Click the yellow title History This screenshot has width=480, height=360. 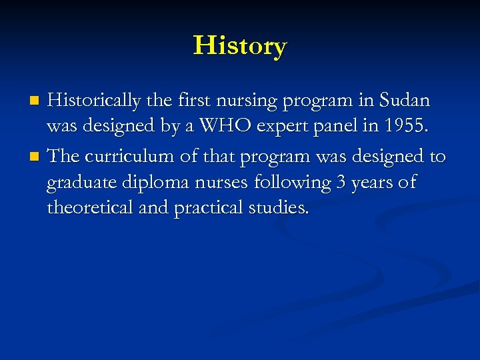[240, 46]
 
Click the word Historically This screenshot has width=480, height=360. [94, 101]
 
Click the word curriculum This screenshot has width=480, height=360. [129, 156]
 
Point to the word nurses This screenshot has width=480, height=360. [221, 183]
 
